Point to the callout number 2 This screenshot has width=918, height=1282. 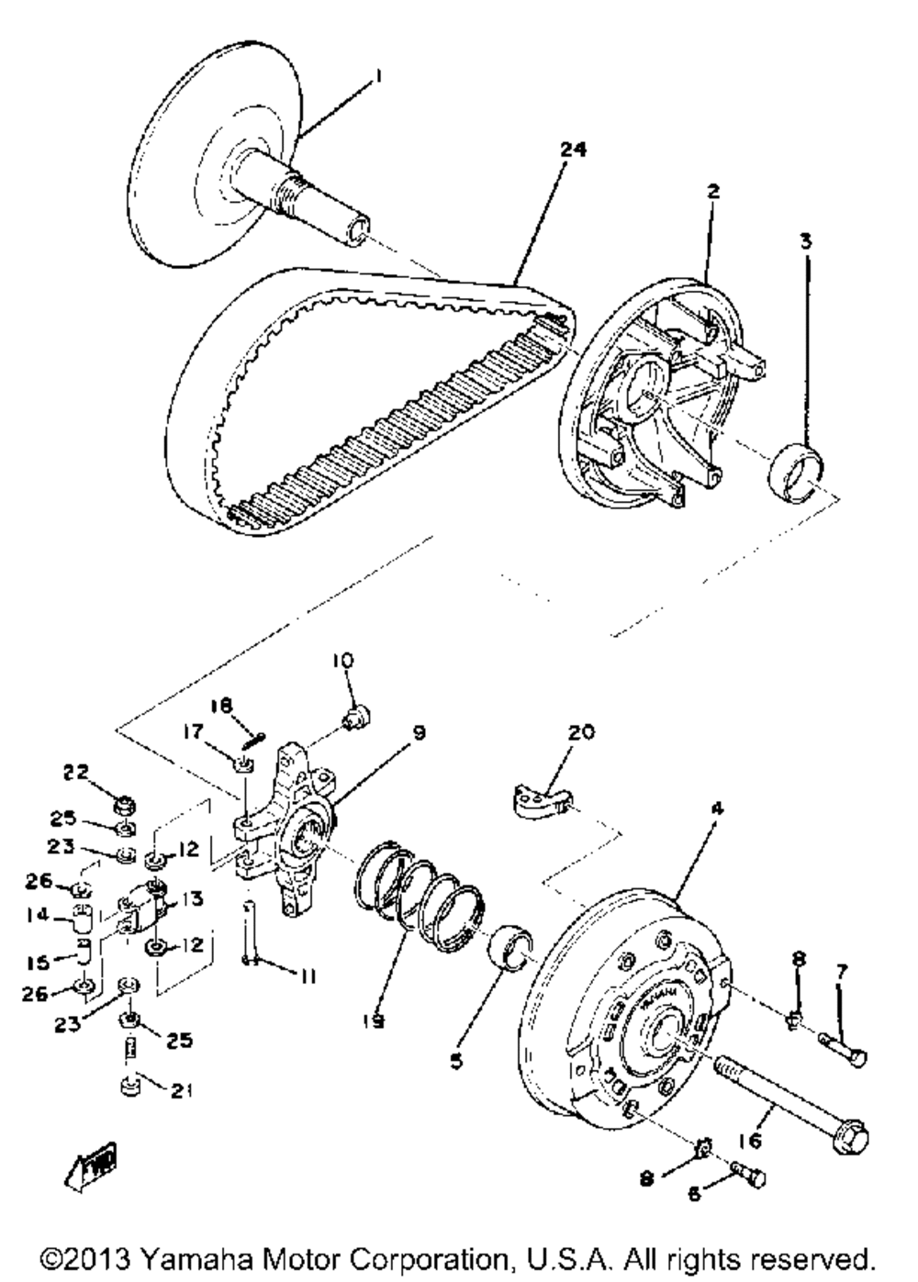pos(712,192)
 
